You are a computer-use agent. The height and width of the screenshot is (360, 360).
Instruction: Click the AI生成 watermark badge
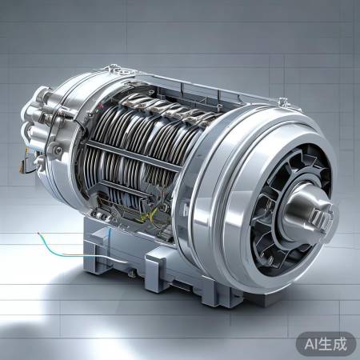326,344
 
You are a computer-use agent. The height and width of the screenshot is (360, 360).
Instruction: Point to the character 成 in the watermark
339,344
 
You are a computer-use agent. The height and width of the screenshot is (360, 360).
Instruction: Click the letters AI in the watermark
311,344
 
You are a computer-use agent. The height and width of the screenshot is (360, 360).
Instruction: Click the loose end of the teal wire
38,234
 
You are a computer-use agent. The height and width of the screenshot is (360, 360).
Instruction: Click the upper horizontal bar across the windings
133,155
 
